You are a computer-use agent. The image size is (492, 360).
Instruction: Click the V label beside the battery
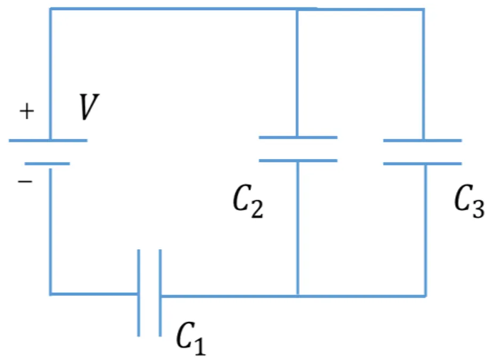click(89, 107)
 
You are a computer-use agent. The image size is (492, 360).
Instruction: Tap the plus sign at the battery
click(27, 111)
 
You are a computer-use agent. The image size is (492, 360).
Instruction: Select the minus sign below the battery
click(25, 181)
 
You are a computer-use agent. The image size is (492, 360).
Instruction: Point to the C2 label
click(248, 201)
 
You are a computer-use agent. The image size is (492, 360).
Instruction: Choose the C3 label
click(470, 201)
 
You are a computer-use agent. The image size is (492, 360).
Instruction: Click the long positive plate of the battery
click(48, 140)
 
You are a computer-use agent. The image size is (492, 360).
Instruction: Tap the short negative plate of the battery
click(47, 164)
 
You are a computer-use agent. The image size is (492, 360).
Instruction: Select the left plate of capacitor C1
click(139, 293)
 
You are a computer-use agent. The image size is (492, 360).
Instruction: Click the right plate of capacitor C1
click(160, 293)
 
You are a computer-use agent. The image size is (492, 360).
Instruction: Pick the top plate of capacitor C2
click(298, 138)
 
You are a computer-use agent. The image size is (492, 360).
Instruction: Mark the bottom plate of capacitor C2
click(298, 161)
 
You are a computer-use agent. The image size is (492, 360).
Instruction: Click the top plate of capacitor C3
click(423, 140)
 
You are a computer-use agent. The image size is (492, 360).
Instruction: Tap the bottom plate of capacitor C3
click(423, 164)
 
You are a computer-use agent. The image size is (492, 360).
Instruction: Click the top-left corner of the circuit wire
click(51, 9)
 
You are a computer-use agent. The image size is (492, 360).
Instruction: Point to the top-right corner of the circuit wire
click(423, 10)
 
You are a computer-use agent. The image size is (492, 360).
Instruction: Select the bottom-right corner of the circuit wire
click(425, 295)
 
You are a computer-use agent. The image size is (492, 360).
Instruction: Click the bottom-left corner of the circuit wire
click(51, 294)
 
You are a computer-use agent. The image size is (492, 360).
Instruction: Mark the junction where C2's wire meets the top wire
click(297, 10)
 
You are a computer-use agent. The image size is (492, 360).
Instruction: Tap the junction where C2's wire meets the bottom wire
click(298, 295)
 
